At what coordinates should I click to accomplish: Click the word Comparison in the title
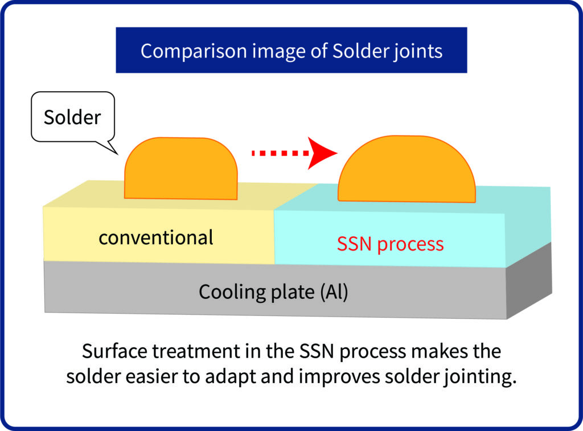[x=194, y=51]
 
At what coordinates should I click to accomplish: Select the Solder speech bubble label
[x=72, y=117]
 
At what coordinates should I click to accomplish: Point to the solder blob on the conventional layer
[x=180, y=169]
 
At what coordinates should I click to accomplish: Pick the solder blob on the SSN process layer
[x=407, y=169]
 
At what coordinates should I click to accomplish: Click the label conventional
[x=156, y=237]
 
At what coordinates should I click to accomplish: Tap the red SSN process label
[x=390, y=244]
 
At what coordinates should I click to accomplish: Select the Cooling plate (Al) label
[x=273, y=292]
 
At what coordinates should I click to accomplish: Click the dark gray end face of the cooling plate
[x=529, y=281]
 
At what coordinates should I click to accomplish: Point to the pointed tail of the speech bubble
[x=117, y=153]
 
